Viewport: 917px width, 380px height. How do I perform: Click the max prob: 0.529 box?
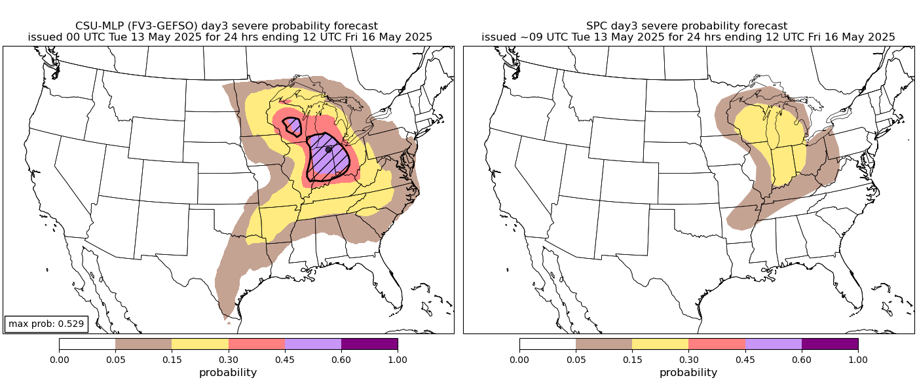[x=46, y=324]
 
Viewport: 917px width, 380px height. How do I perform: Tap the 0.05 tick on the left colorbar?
[x=115, y=359]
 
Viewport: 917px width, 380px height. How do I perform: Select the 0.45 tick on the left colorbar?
[x=285, y=359]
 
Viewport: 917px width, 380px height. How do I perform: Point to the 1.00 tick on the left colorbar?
[x=398, y=359]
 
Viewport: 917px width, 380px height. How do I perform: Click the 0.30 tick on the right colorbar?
[x=688, y=359]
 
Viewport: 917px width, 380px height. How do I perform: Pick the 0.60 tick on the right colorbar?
[x=802, y=359]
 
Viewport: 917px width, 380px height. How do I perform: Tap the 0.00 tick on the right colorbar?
[x=519, y=359]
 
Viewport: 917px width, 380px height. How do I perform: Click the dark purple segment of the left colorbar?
[x=369, y=344]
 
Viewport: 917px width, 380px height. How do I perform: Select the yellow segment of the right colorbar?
[x=660, y=344]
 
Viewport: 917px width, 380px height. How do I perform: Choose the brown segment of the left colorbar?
[x=143, y=344]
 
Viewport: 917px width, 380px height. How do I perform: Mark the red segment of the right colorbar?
[x=717, y=344]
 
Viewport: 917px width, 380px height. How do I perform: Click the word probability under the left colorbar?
[x=228, y=372]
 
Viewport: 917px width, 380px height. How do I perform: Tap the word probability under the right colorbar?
[x=688, y=372]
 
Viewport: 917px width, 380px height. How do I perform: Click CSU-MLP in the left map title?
[x=99, y=26]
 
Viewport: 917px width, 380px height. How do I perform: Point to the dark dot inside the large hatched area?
[x=329, y=149]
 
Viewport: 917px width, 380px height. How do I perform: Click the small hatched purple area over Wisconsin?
[x=293, y=125]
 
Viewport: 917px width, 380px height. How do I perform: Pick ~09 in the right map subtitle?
[x=524, y=37]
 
